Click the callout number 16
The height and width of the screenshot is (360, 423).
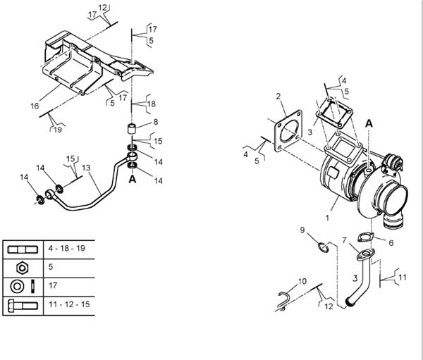[x=35, y=106]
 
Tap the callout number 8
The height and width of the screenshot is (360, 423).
[x=156, y=122]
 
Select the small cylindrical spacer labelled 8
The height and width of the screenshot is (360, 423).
[x=131, y=129]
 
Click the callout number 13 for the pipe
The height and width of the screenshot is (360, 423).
[x=86, y=168]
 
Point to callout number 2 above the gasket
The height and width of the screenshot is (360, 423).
[x=278, y=97]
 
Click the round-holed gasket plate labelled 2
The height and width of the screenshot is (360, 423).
[x=288, y=131]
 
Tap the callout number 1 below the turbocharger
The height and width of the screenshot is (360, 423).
[x=328, y=218]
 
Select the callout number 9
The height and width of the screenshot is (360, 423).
[x=302, y=230]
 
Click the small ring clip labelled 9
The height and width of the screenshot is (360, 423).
[x=324, y=247]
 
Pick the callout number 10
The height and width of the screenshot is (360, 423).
[x=302, y=281]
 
